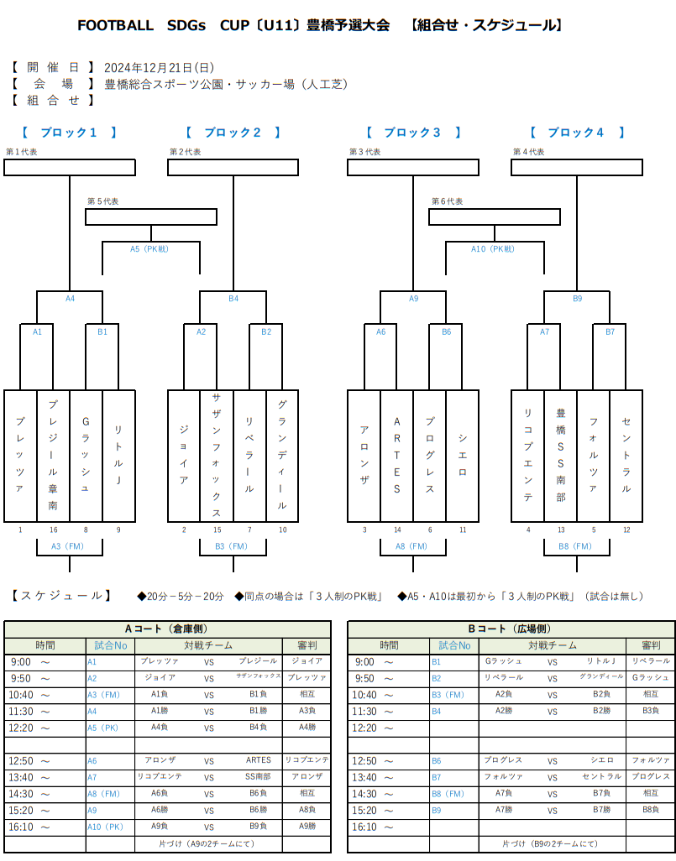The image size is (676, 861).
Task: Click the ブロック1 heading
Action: [x=70, y=133]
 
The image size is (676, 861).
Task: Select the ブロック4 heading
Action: [x=576, y=133]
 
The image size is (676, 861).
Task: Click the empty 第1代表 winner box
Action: [x=70, y=167]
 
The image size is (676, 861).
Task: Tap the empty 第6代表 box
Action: [x=494, y=217]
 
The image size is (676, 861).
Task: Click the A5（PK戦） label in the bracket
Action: [x=150, y=249]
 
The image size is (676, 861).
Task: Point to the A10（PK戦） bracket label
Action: [x=494, y=249]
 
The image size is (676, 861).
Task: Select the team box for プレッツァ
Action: [x=20, y=456]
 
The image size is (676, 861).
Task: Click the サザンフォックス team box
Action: [x=217, y=456]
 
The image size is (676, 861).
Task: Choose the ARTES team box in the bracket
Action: [x=396, y=456]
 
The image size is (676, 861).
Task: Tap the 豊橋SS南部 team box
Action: [x=560, y=456]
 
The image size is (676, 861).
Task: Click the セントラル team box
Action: [x=626, y=456]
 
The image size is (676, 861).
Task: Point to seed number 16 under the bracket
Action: [x=53, y=530]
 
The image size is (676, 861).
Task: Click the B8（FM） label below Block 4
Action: [x=576, y=546]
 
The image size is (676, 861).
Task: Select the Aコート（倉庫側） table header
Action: [x=167, y=629]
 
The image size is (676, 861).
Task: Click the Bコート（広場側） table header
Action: [x=511, y=629]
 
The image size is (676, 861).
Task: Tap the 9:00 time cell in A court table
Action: [x=45, y=661]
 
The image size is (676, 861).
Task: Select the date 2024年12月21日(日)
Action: [x=160, y=67]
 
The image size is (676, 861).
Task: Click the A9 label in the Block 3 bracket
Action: [x=413, y=298]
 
